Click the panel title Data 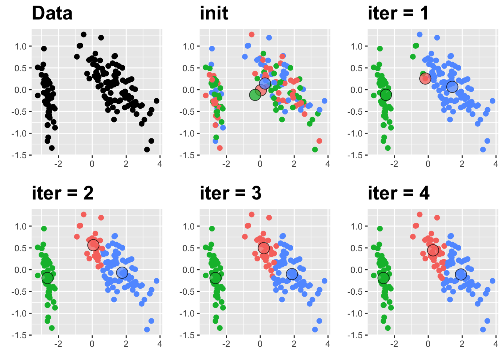(x=52, y=13)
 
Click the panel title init (x=214, y=13)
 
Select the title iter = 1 (x=398, y=13)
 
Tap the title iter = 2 (x=63, y=193)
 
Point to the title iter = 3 (x=231, y=193)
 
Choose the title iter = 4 (x=399, y=193)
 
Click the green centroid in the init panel (x=255, y=95)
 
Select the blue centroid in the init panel (x=265, y=83)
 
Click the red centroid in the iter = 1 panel (x=425, y=78)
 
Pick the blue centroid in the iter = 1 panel (x=452, y=86)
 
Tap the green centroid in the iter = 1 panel (x=386, y=95)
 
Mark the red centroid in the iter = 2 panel (x=93, y=245)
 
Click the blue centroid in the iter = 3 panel (x=292, y=274)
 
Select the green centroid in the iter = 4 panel (x=383, y=278)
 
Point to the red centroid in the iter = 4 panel (x=433, y=250)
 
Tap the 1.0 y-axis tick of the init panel (x=189, y=46)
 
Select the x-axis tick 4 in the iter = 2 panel (x=160, y=344)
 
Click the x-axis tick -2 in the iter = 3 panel (x=226, y=344)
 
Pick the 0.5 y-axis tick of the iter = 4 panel (x=357, y=248)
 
